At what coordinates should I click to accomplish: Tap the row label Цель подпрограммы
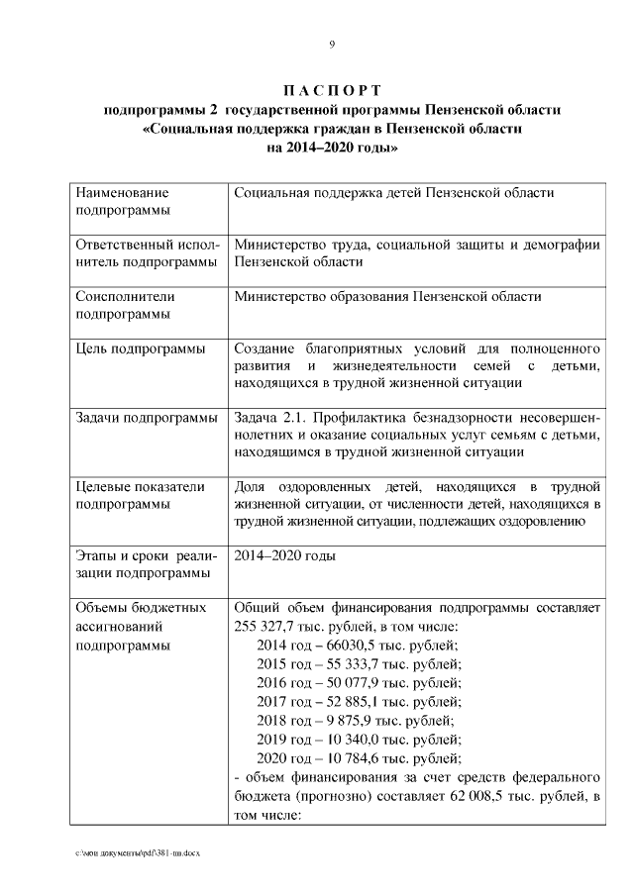tap(141, 349)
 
